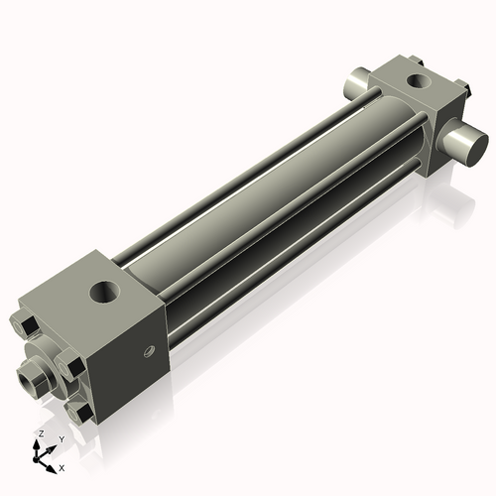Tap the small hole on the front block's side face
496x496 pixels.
[150, 348]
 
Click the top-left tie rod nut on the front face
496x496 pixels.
[23, 324]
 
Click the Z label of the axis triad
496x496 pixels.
[41, 434]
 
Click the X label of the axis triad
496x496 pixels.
[62, 466]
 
